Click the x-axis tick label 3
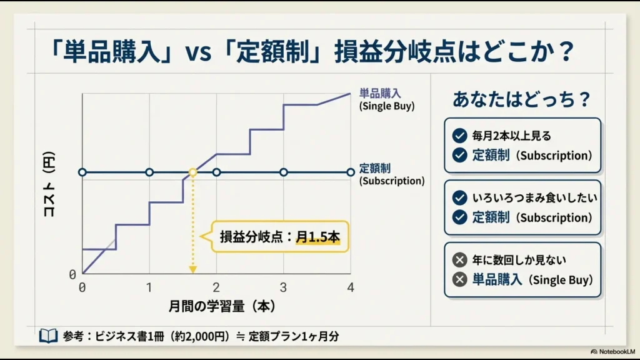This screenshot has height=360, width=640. [x=283, y=287]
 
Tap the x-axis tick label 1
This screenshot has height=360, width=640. [x=149, y=287]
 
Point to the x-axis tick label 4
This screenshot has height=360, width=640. [x=351, y=287]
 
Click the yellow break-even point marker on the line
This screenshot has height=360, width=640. [x=193, y=172]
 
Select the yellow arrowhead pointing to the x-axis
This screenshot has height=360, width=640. [x=193, y=269]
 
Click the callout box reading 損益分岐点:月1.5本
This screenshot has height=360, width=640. [x=280, y=237]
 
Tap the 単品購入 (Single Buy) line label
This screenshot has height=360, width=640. [x=387, y=99]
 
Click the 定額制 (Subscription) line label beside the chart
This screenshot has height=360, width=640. [x=392, y=174]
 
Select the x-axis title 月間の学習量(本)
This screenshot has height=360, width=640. [x=222, y=307]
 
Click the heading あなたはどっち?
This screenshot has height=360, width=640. [x=522, y=100]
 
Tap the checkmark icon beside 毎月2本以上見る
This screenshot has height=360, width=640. [x=460, y=135]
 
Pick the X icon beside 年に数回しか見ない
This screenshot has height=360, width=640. [x=460, y=259]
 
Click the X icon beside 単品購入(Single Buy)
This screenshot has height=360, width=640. [x=460, y=279]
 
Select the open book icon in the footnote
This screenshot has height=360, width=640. [x=48, y=336]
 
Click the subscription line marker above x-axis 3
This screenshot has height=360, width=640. [x=283, y=172]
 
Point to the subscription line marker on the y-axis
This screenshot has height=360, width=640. [x=82, y=172]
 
